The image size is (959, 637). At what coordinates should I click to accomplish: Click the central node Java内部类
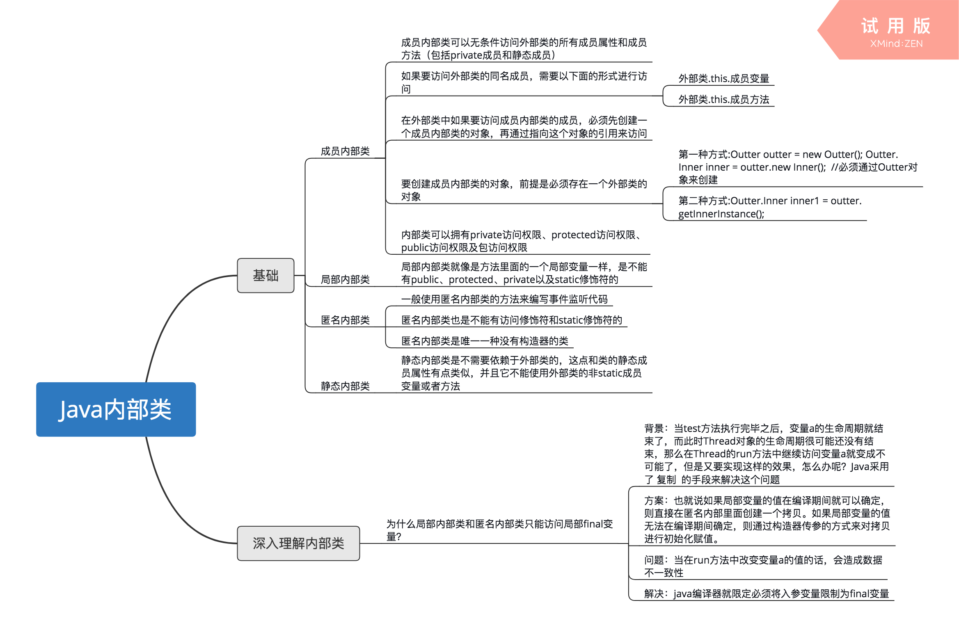(116, 409)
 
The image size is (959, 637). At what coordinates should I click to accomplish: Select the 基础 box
(265, 275)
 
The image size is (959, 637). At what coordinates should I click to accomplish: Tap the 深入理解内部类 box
(298, 543)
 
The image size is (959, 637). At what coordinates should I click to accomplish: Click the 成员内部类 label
(345, 151)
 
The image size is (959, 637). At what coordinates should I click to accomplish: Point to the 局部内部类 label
(345, 280)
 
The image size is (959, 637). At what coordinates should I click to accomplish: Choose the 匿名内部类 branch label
(345, 320)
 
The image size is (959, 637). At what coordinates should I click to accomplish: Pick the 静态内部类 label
(345, 386)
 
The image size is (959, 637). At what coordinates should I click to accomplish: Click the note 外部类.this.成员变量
(723, 78)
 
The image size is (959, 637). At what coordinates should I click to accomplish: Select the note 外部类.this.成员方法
(723, 99)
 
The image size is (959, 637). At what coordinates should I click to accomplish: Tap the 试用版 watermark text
(895, 26)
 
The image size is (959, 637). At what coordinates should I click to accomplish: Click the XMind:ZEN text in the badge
(896, 44)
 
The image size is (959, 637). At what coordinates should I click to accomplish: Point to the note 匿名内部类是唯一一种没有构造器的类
(485, 341)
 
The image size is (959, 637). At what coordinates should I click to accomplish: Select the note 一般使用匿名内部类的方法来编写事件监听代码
(504, 299)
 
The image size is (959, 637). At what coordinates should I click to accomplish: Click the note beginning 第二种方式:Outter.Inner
(769, 207)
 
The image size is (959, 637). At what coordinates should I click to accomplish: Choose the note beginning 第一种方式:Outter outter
(797, 167)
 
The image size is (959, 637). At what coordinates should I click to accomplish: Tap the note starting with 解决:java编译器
(766, 594)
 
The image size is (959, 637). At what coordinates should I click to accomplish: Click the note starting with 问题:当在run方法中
(763, 566)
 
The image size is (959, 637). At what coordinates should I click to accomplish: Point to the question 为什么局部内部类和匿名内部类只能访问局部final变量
(499, 530)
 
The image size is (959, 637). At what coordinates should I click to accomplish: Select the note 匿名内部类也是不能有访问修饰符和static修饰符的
(511, 320)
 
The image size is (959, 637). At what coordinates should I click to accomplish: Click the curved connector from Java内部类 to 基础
(172, 312)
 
